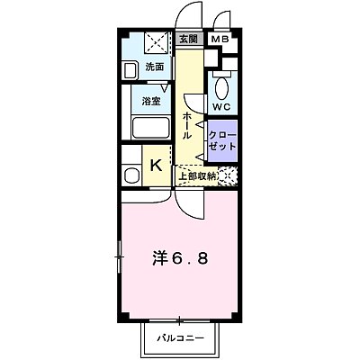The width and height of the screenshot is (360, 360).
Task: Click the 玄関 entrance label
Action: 187,40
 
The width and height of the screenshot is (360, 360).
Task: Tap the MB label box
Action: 219,40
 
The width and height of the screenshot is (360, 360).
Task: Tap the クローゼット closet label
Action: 223,139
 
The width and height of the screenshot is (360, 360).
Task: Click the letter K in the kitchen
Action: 156,166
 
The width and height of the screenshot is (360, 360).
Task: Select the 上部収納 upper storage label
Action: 198,176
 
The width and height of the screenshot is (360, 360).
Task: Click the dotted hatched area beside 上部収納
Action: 230,176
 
